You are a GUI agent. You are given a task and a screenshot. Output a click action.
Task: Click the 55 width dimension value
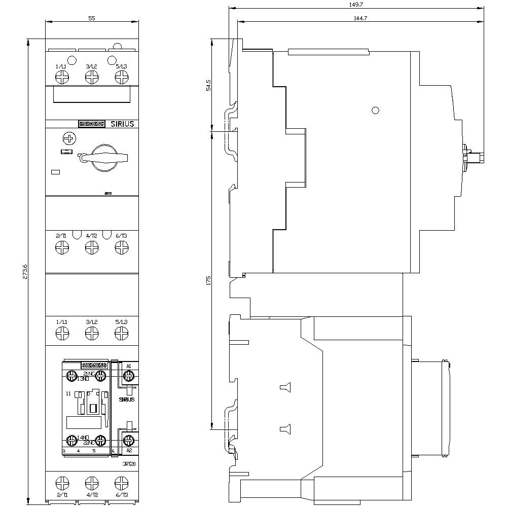coord(92,18)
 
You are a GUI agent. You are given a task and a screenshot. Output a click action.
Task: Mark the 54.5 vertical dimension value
coord(208,85)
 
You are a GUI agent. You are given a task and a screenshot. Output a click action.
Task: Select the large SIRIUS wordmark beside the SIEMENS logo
coord(122,124)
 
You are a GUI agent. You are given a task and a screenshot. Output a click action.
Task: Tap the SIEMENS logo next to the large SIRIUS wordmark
coord(91,124)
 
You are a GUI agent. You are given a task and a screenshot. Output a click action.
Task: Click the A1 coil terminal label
coord(129,366)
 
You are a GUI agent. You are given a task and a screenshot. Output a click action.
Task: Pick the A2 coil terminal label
coord(129,450)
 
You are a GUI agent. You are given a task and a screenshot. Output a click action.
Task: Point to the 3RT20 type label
coord(129,464)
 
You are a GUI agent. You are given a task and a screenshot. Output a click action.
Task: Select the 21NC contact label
coord(89,373)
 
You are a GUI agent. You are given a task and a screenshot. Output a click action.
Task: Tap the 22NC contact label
coord(89,443)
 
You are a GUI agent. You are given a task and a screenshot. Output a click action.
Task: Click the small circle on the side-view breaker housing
coord(375,111)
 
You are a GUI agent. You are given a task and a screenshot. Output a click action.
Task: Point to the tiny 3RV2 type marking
coord(108,193)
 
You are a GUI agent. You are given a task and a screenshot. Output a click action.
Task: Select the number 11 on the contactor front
coord(68,393)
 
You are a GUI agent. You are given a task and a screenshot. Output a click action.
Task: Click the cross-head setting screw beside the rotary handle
coord(68,138)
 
